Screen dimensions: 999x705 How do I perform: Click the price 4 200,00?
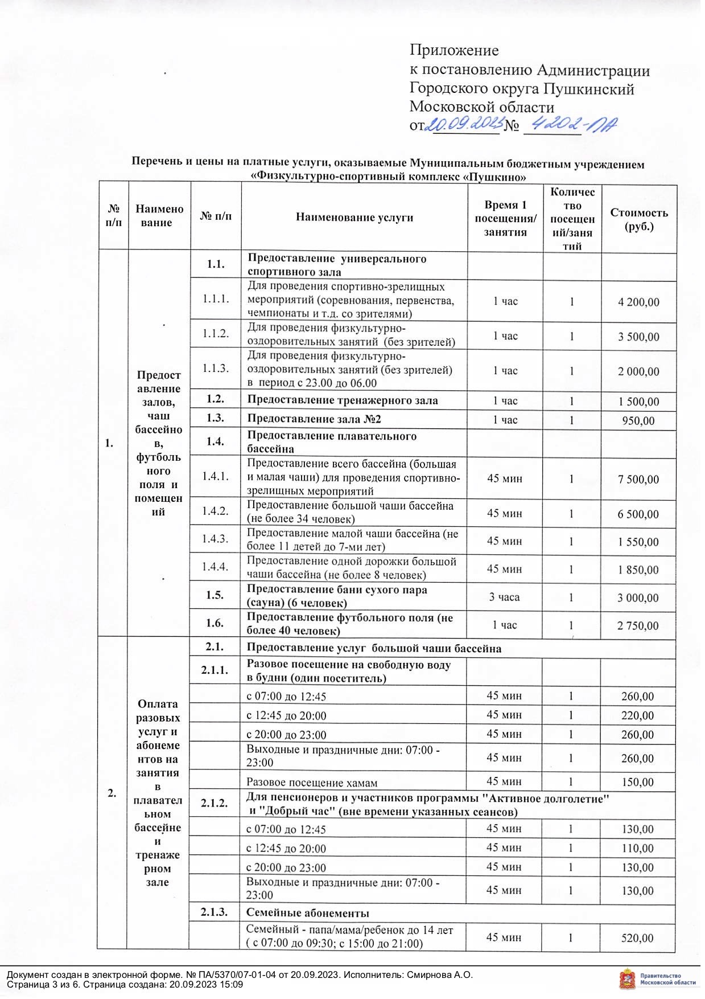point(638,302)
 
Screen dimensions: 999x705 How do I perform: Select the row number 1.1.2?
point(216,334)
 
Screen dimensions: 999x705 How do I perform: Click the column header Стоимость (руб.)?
point(639,219)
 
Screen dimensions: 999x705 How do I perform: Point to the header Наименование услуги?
point(354,218)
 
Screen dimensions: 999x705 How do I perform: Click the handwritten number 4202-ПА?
point(571,125)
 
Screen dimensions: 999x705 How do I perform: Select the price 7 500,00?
point(638,480)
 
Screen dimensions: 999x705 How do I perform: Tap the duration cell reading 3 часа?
point(504,597)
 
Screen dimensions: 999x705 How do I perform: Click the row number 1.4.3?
point(215,539)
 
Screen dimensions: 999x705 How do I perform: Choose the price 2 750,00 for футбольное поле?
point(638,626)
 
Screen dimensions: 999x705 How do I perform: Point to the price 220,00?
point(638,715)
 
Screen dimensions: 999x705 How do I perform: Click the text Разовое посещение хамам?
point(312,783)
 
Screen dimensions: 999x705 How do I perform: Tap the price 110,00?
point(638,849)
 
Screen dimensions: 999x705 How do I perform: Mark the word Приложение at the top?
point(454,51)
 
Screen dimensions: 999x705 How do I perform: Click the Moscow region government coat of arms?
point(627,979)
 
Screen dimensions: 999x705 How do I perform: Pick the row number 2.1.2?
point(215,804)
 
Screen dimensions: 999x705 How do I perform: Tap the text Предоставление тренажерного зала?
point(343,400)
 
